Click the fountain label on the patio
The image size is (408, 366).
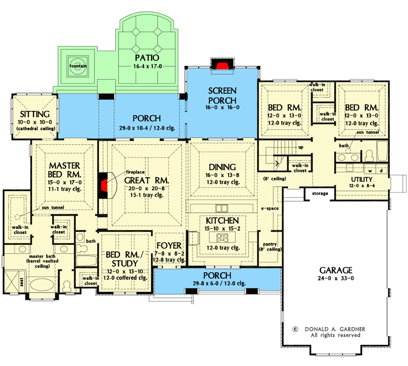(78, 66)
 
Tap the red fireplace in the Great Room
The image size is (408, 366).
(104, 185)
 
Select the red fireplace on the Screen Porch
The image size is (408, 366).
(222, 65)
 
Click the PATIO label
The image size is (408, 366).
(147, 58)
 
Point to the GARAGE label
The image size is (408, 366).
(336, 270)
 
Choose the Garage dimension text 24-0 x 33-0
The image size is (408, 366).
(336, 278)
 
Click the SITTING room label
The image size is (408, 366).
(35, 114)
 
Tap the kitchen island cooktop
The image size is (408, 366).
(222, 237)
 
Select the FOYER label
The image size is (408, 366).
(169, 246)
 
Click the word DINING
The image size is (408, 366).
(222, 167)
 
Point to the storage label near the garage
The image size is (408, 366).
(320, 194)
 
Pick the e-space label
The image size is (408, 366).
(270, 209)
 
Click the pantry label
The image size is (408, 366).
(270, 244)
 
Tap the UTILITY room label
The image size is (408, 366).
(362, 180)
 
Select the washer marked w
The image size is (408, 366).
(370, 171)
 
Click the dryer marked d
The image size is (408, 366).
(381, 170)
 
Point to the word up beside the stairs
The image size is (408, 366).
(301, 147)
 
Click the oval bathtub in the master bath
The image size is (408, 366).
(42, 285)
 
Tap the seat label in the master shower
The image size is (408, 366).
(22, 282)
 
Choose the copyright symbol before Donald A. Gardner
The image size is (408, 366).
(295, 329)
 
